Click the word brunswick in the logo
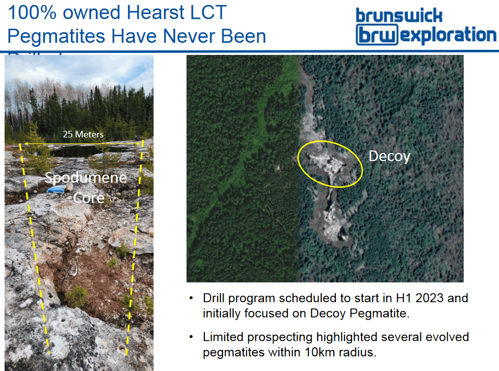[399, 15]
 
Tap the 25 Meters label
[83, 134]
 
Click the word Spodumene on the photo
[86, 178]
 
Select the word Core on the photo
[89, 198]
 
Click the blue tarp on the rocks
[56, 189]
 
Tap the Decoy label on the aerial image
[389, 157]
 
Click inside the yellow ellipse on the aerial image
[330, 163]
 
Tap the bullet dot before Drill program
[191, 299]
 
